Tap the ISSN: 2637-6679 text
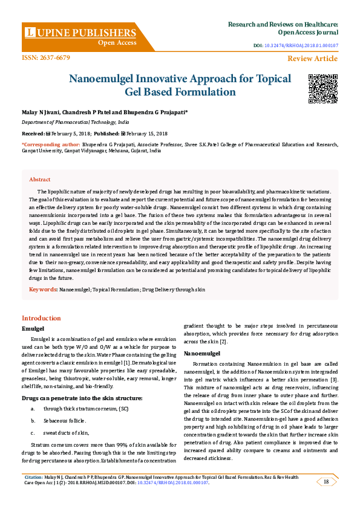pyautogui.click(x=46, y=58)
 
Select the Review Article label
pyautogui.click(x=313, y=59)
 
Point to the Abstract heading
pyautogui.click(x=40, y=180)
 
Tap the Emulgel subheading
pyautogui.click(x=33, y=328)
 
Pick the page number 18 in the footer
pyautogui.click(x=326, y=482)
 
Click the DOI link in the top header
pyautogui.click(x=301, y=46)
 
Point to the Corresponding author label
pyautogui.click(x=51, y=145)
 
